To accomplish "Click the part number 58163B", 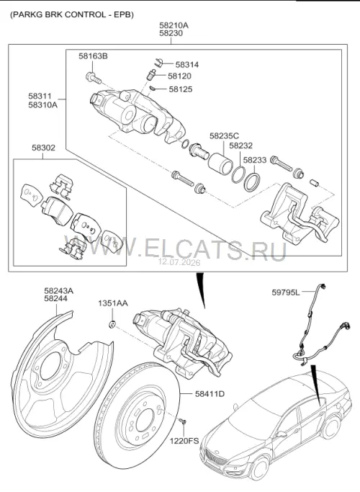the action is pyautogui.click(x=93, y=56).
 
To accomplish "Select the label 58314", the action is pyautogui.click(x=187, y=65).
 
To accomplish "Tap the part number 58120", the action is pyautogui.click(x=179, y=76).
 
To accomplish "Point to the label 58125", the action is pyautogui.click(x=181, y=89).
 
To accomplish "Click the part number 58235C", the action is pyautogui.click(x=224, y=136).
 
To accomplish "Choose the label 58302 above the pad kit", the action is pyautogui.click(x=43, y=148).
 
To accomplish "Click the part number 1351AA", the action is pyautogui.click(x=113, y=303).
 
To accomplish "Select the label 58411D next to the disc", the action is pyautogui.click(x=210, y=393).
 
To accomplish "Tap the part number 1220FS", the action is pyautogui.click(x=184, y=441).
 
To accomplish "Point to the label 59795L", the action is pyautogui.click(x=286, y=292).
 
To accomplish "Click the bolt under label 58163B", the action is pyautogui.click(x=93, y=78).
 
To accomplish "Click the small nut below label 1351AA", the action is pyautogui.click(x=112, y=324).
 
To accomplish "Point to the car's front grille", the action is pyautogui.click(x=216, y=457).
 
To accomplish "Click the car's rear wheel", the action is pyautogui.click(x=330, y=426).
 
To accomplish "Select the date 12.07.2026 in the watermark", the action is pyautogui.click(x=179, y=262).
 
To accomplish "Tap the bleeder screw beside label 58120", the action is pyautogui.click(x=151, y=74).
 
